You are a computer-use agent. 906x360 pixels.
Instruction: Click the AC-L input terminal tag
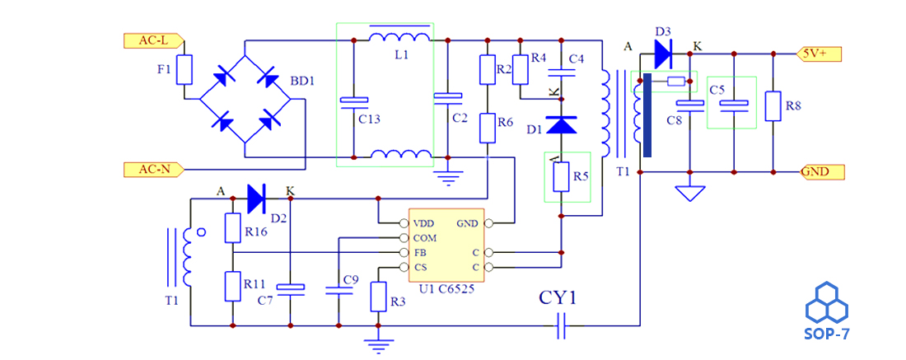154,40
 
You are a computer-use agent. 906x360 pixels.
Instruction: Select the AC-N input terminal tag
154,170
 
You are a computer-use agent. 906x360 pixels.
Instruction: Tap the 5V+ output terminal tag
819,54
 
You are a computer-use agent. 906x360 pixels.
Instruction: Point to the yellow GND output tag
822,171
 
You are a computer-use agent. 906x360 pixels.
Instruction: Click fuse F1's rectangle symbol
184,70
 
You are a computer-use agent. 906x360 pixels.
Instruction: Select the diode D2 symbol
256,199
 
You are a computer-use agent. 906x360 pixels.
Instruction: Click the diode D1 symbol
561,124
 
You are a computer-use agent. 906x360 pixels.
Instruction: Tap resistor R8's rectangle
773,105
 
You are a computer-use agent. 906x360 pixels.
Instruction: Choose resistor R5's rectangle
561,177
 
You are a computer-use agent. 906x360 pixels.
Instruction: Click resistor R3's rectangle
378,297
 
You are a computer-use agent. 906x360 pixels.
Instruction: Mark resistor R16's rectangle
232,227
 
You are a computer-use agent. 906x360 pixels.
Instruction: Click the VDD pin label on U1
424,223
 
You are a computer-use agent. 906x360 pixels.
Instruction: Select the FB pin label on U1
420,253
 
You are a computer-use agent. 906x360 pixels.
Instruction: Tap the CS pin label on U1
420,267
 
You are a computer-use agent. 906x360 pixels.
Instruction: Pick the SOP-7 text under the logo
828,334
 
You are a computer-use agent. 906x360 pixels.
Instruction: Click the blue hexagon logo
827,302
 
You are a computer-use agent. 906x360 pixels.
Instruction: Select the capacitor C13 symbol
353,101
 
